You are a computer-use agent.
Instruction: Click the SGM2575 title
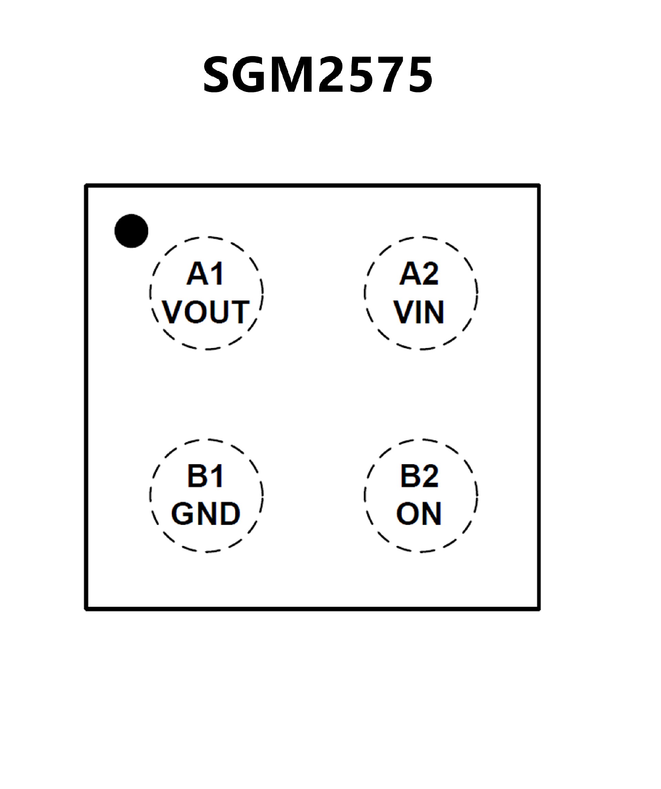pyautogui.click(x=318, y=74)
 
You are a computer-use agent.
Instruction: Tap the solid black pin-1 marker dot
pyautogui.click(x=131, y=231)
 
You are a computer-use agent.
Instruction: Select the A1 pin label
pyautogui.click(x=206, y=274)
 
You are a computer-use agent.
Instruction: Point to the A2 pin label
pyautogui.click(x=419, y=274)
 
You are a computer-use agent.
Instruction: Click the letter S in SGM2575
pyautogui.click(x=219, y=74)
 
